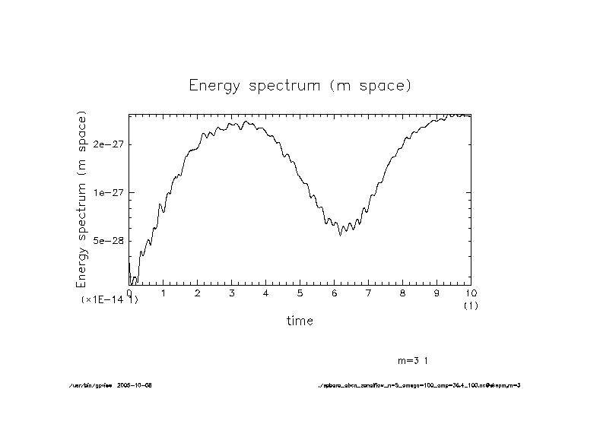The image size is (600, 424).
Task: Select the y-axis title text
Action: [x=82, y=199]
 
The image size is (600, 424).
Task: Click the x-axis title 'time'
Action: [x=300, y=321]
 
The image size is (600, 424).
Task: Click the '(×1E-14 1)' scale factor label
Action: [x=110, y=300]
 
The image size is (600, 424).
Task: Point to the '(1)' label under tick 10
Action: [x=471, y=305]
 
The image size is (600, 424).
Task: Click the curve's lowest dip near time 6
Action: [x=340, y=235]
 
